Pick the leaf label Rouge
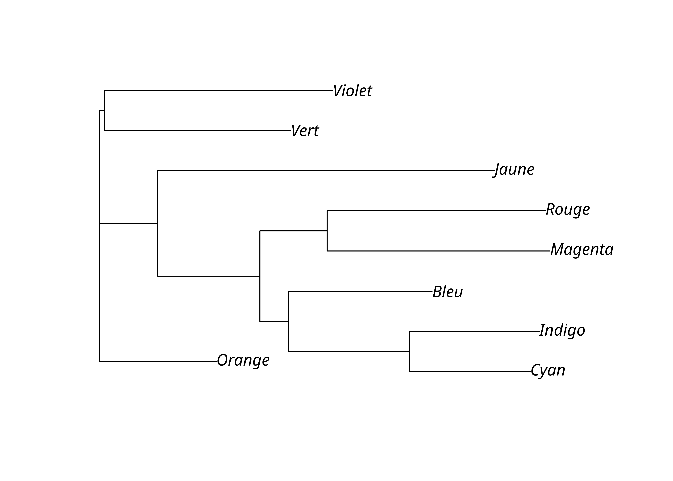coord(568,210)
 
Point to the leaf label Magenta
coord(582,250)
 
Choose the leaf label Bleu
coord(448,292)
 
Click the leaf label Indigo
coord(562,331)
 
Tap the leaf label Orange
coord(243,360)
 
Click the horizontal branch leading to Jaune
coord(326,171)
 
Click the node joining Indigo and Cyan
coord(410,352)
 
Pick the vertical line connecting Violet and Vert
coord(105,110)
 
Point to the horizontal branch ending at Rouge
coord(436,211)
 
